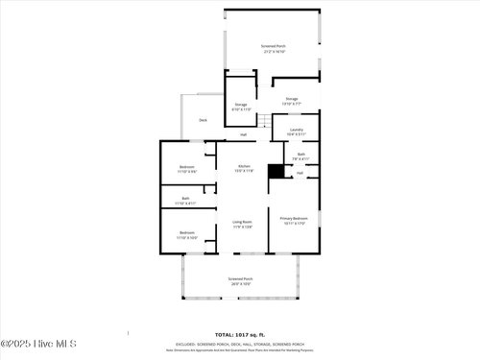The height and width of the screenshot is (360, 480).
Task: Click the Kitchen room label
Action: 245,168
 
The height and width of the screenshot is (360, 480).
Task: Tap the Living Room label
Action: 242,224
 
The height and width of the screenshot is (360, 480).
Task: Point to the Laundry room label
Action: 296,131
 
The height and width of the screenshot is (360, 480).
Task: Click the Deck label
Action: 203,120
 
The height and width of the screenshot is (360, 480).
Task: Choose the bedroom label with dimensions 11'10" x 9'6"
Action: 187,169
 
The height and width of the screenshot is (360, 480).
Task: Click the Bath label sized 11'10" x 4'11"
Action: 185,202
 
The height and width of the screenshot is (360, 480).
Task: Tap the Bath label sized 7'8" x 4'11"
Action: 300,156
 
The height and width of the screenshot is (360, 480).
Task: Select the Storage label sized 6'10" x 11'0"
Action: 241,107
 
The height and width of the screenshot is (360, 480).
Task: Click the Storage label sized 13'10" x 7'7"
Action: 291,100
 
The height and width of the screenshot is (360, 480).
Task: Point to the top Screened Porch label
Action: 274,48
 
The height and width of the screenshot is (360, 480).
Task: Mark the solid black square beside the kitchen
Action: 275,171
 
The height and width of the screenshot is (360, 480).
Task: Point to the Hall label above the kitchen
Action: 243,134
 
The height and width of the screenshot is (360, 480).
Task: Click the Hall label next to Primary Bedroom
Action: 300,173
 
